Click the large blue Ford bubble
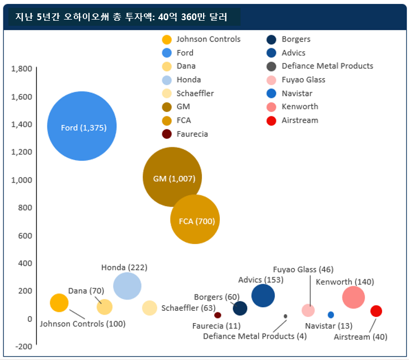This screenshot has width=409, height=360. (82, 127)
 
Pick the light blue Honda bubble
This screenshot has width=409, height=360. (127, 286)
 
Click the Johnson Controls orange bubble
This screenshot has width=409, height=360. (59, 303)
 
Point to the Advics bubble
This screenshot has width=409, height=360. (263, 296)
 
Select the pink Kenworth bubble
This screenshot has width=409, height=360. (354, 297)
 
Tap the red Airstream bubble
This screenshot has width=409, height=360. (377, 311)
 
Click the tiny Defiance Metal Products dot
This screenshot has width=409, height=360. (285, 316)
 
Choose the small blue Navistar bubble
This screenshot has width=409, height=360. (331, 315)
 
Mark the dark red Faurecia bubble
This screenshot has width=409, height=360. (218, 315)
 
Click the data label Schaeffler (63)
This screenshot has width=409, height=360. (188, 308)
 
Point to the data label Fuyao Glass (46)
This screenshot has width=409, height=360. (303, 269)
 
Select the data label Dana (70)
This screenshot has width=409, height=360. (86, 291)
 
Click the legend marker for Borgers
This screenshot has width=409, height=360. (271, 39)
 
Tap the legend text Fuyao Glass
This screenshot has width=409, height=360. (303, 80)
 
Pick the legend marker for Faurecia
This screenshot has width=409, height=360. (166, 134)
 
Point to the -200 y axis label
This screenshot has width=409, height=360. (23, 346)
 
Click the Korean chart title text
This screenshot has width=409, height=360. (121, 17)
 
